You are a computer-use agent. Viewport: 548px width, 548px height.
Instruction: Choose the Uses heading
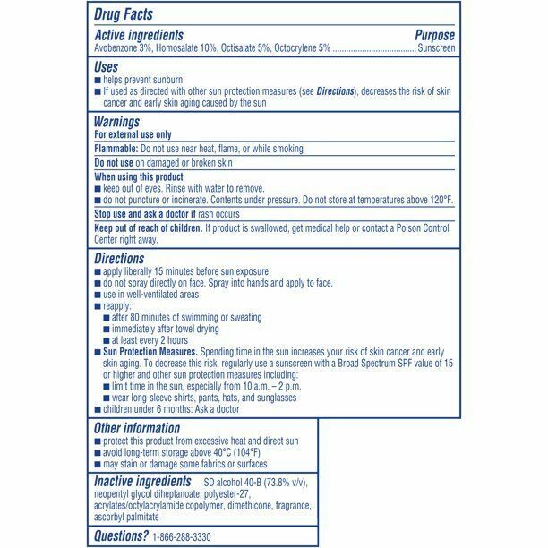click(x=107, y=67)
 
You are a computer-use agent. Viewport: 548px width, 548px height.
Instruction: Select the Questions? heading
click(x=122, y=535)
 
